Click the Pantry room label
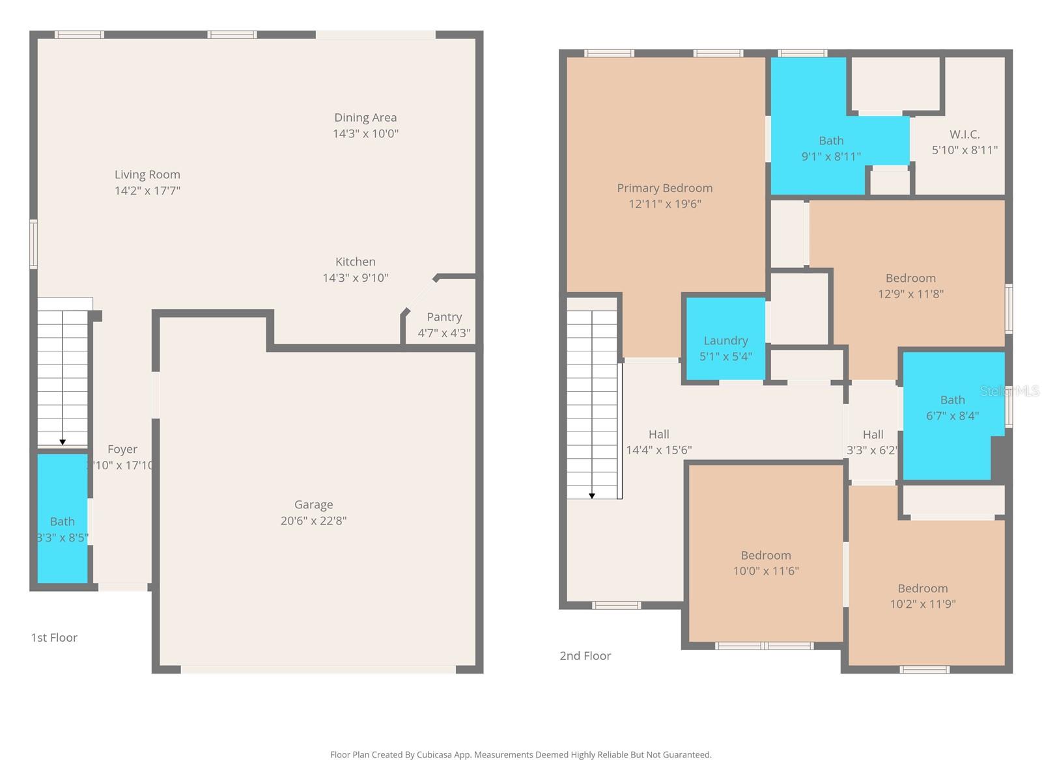pyautogui.click(x=444, y=317)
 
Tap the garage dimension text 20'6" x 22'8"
pyautogui.click(x=313, y=521)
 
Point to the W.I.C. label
pyautogui.click(x=965, y=134)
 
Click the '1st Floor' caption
pyautogui.click(x=54, y=638)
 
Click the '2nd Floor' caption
pyautogui.click(x=585, y=656)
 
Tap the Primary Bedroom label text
pyautogui.click(x=664, y=188)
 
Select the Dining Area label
pyautogui.click(x=365, y=118)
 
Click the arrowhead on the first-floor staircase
pyautogui.click(x=63, y=443)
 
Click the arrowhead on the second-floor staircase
pyautogui.click(x=592, y=496)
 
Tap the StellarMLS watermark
pyautogui.click(x=1009, y=391)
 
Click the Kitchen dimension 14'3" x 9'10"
pyautogui.click(x=356, y=278)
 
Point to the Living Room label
pyautogui.click(x=147, y=174)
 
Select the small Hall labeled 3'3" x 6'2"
pyautogui.click(x=873, y=435)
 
